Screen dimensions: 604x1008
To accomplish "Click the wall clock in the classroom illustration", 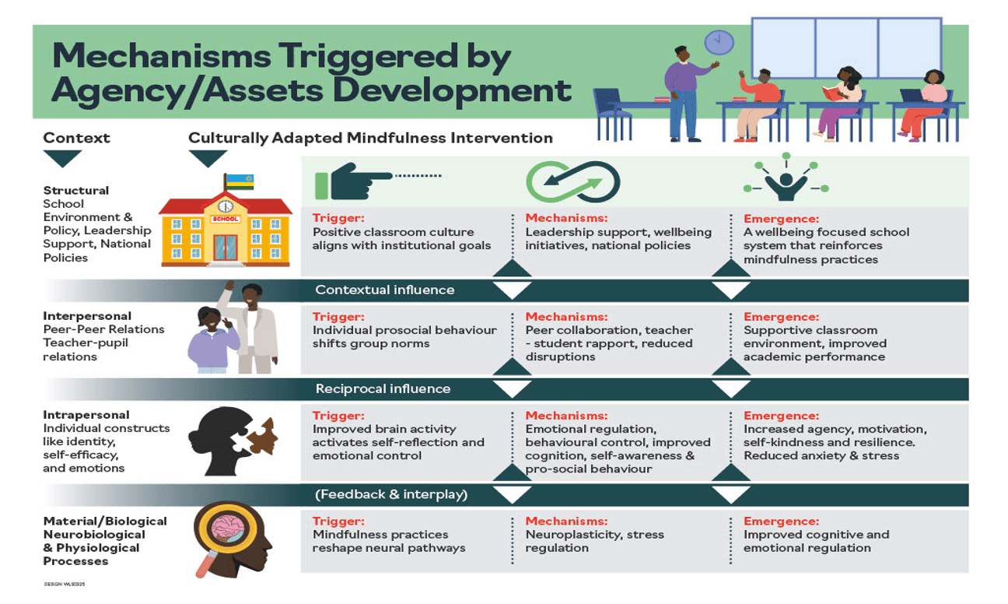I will (719, 42).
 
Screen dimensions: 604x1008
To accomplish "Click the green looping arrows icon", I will (565, 182).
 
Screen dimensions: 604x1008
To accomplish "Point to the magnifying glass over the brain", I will (222, 536).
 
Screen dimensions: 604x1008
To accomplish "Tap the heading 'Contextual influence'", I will (384, 290).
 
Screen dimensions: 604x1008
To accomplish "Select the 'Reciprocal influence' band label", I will (383, 388).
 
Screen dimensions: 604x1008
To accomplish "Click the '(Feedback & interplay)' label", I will (391, 494).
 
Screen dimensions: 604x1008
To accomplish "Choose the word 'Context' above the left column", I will (76, 139).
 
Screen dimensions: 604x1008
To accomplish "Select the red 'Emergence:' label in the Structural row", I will (781, 219).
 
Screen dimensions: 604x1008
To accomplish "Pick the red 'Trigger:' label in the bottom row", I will (338, 521).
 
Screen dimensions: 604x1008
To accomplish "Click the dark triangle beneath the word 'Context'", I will (62, 159).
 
